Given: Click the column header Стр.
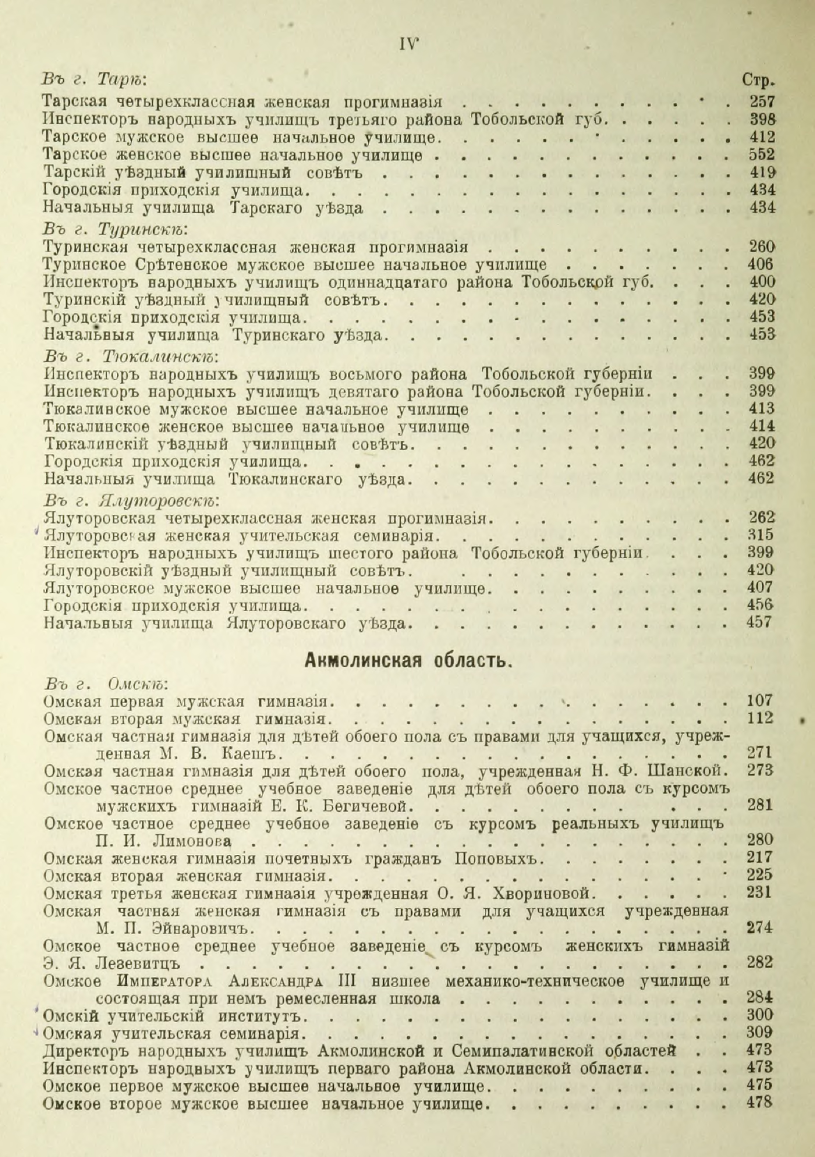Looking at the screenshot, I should click(758, 81).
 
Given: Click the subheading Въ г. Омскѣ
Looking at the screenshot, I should click(106, 684).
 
